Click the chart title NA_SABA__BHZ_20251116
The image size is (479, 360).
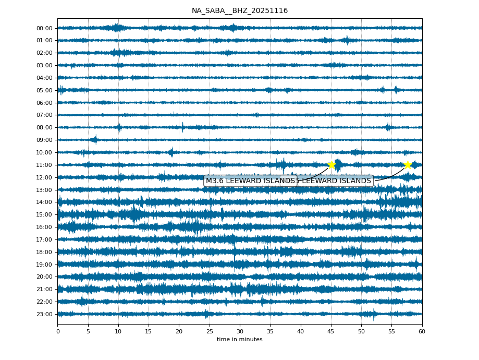(239, 10)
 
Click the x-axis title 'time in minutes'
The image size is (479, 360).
(239, 340)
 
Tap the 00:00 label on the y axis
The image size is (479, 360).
(44, 28)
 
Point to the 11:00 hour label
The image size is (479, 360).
(44, 165)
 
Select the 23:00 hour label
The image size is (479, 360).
(44, 314)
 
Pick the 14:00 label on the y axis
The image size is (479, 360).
(44, 202)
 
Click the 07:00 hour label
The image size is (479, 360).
(44, 115)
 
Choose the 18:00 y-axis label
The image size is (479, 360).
(44, 252)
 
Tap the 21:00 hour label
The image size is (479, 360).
(44, 289)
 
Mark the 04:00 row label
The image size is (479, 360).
(44, 78)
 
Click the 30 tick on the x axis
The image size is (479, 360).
(240, 331)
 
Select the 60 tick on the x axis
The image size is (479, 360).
(422, 331)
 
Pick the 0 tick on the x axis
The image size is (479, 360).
(58, 331)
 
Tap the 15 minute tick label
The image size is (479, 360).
(149, 331)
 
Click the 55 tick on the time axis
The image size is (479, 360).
(391, 331)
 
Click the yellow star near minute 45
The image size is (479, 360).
(331, 165)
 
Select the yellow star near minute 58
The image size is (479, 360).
(408, 165)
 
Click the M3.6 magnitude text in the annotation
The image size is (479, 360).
(215, 181)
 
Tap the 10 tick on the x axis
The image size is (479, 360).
(118, 331)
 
